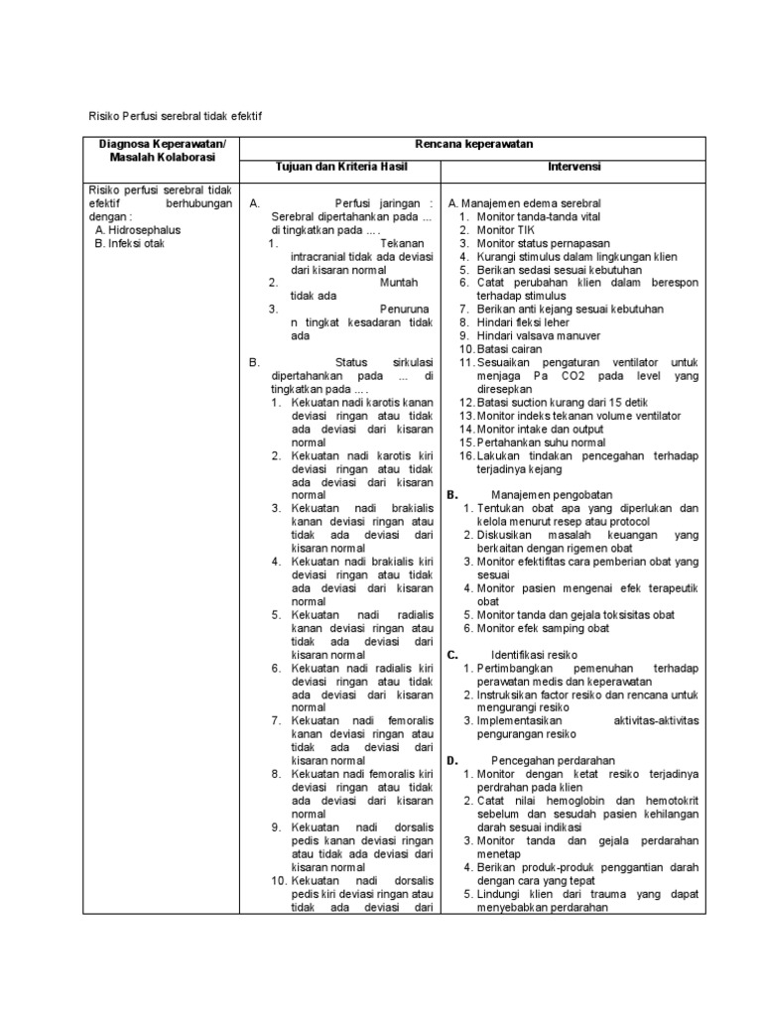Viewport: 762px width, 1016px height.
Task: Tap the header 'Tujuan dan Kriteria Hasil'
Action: click(x=341, y=166)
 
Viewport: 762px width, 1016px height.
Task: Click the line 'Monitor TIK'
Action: click(x=508, y=229)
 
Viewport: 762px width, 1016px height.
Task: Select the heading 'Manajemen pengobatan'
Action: click(x=552, y=494)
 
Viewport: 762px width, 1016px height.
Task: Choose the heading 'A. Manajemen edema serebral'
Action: click(x=524, y=202)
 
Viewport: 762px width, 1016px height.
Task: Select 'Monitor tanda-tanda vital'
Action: click(x=539, y=216)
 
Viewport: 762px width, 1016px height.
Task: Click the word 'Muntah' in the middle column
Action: click(x=407, y=282)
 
